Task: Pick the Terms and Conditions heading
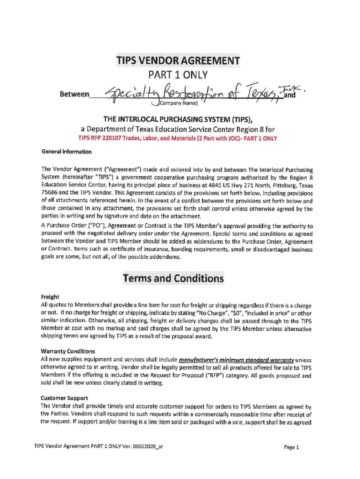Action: (x=173, y=279)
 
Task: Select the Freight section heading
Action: (x=50, y=297)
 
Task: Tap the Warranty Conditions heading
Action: (x=68, y=351)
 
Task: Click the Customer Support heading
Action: (x=63, y=398)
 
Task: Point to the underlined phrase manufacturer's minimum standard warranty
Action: (x=237, y=360)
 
